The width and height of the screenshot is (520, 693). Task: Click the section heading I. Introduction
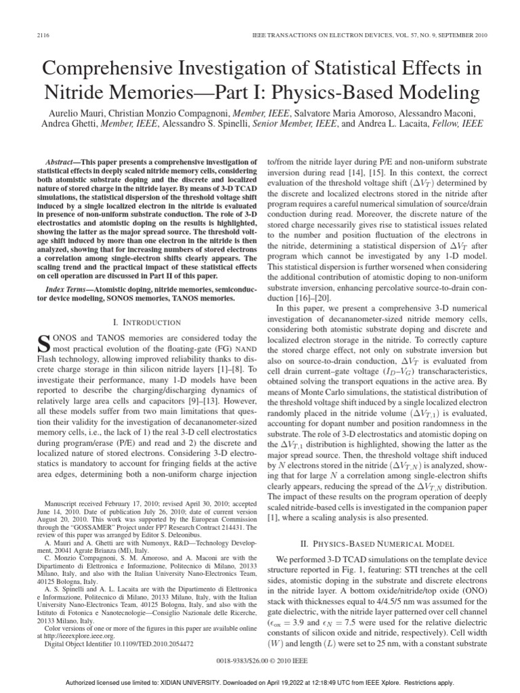pos(147,322)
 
